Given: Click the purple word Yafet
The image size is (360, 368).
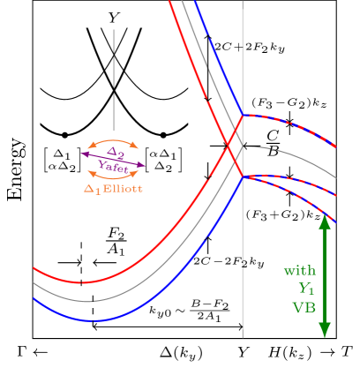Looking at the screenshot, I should (x=114, y=165).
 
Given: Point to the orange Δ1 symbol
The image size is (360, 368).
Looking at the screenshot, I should (x=93, y=188).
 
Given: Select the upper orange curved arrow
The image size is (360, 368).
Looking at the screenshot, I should (x=112, y=141).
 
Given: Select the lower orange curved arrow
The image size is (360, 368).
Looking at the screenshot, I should (x=112, y=176).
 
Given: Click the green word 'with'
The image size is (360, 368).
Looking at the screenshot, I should (x=299, y=270).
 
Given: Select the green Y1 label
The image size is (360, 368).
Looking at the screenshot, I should (x=306, y=289).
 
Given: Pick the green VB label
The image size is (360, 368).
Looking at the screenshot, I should (x=304, y=308).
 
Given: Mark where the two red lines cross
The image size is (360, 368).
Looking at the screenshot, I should (x=230, y=146).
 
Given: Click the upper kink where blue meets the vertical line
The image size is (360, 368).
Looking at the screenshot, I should (x=243, y=115).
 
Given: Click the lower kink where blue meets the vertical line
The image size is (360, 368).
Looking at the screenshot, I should (x=243, y=177).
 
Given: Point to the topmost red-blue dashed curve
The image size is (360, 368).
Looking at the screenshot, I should (x=291, y=123).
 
